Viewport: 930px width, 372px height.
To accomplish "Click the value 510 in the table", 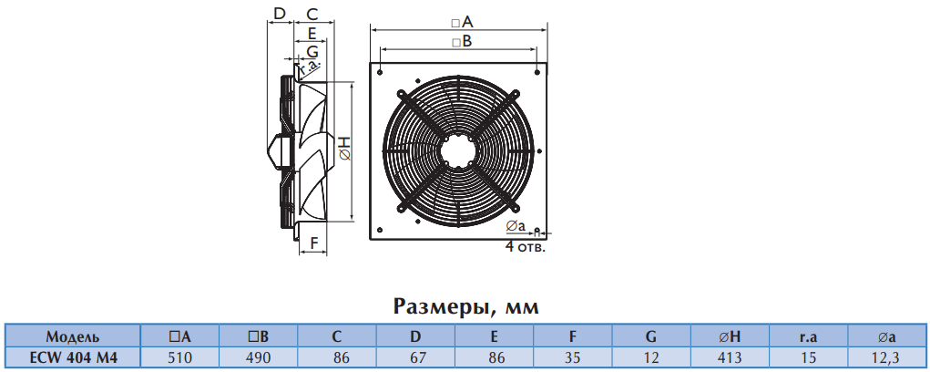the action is click(x=179, y=357).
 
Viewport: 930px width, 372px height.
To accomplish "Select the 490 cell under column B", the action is click(x=259, y=357).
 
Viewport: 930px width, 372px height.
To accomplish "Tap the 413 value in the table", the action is click(x=730, y=357).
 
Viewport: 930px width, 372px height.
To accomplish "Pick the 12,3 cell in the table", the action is click(x=886, y=357).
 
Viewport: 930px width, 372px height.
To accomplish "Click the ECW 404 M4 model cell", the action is click(x=73, y=357).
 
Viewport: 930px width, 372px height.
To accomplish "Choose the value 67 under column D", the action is click(x=415, y=357).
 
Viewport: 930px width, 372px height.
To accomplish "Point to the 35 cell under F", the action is click(x=572, y=357).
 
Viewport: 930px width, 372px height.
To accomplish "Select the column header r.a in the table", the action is click(x=809, y=337).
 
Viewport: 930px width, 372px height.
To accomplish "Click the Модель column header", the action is click(x=73, y=337).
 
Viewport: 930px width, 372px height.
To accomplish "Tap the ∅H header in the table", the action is click(x=730, y=337).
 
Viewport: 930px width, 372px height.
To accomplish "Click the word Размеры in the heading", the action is click(x=441, y=306).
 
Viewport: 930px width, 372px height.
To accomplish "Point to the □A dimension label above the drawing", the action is click(x=462, y=23).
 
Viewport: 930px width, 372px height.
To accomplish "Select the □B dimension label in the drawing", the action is click(x=462, y=42).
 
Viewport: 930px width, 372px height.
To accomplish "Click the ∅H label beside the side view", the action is click(x=346, y=148).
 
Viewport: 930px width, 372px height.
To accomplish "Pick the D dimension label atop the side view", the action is click(x=281, y=13).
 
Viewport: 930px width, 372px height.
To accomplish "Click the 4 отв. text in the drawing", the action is click(x=525, y=247).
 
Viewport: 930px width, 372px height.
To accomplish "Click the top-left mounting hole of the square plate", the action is click(x=380, y=72).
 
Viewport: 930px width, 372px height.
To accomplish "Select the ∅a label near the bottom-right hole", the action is click(x=516, y=226).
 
